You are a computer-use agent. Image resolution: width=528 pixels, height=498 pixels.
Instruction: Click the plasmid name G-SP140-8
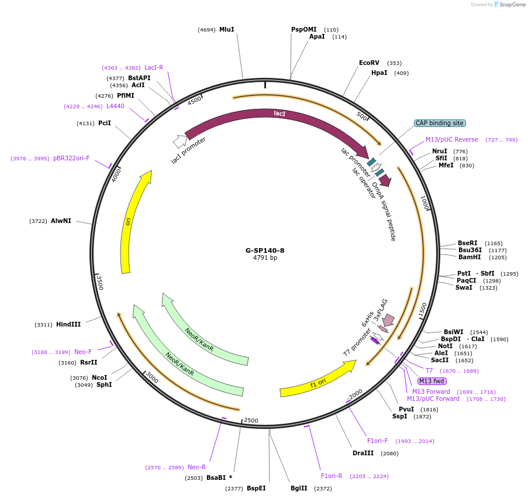[x=264, y=250]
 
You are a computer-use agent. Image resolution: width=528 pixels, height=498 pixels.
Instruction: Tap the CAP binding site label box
[x=439, y=123]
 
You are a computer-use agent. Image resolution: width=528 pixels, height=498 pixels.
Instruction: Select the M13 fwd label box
[x=432, y=381]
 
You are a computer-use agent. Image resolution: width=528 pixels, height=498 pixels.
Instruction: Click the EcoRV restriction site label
[x=369, y=63]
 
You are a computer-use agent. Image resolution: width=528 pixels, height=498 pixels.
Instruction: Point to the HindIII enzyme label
[x=68, y=324]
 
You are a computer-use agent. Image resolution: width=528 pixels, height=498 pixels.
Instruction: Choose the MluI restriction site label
[x=226, y=29]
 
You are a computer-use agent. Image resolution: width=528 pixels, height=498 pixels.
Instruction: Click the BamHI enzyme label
[x=469, y=257]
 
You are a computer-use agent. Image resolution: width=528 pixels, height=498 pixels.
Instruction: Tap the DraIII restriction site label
[x=364, y=454]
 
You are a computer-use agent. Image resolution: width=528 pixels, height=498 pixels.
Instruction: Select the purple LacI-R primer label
[x=154, y=68]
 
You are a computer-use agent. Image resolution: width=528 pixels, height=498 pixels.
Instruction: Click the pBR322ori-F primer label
[x=71, y=159]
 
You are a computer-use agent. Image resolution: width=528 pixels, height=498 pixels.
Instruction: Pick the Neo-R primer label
[x=196, y=467]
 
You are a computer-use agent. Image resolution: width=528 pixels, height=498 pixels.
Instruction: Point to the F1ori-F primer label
[x=377, y=441]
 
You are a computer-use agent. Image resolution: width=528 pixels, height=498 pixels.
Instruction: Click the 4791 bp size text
[x=264, y=258]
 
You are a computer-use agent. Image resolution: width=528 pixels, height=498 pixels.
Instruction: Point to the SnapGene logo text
[x=510, y=5]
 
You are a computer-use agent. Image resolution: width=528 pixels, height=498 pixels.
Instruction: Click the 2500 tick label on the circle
[x=251, y=420]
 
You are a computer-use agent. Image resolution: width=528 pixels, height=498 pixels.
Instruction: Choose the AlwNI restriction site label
[x=61, y=221]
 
